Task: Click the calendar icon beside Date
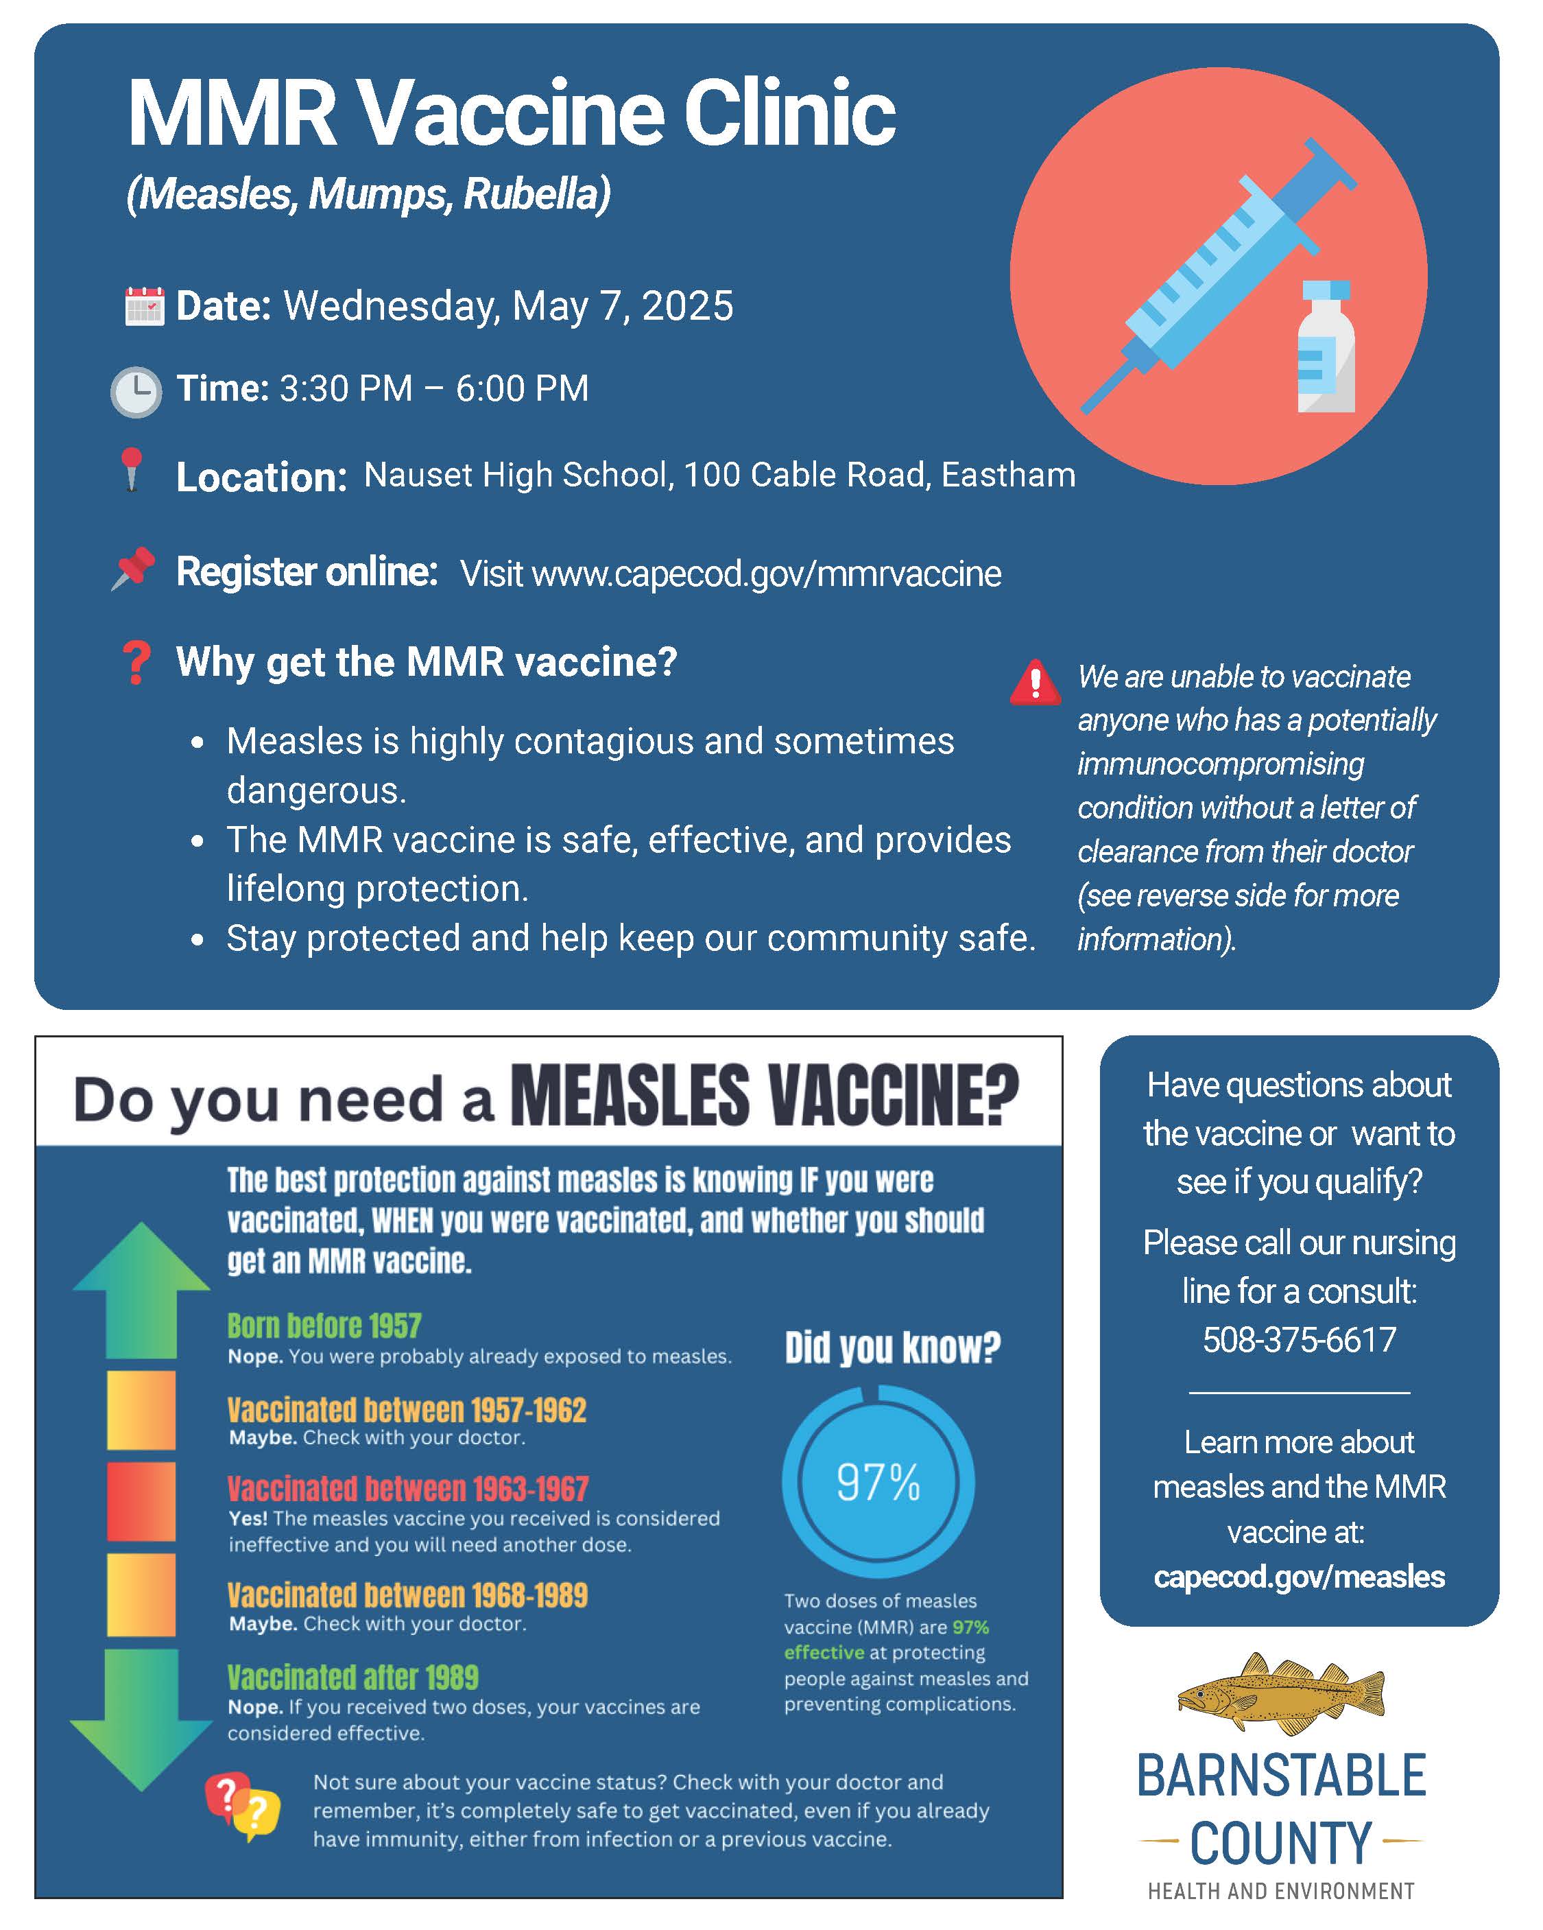143,305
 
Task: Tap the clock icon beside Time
136,391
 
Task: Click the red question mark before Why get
136,663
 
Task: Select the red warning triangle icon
1036,684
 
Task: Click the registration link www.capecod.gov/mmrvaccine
766,574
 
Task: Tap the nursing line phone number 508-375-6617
1299,1340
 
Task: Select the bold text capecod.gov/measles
1299,1577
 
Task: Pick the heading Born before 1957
324,1326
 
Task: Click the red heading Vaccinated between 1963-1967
408,1489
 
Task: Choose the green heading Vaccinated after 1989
352,1677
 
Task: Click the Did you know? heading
892,1348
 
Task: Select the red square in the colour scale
141,1502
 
